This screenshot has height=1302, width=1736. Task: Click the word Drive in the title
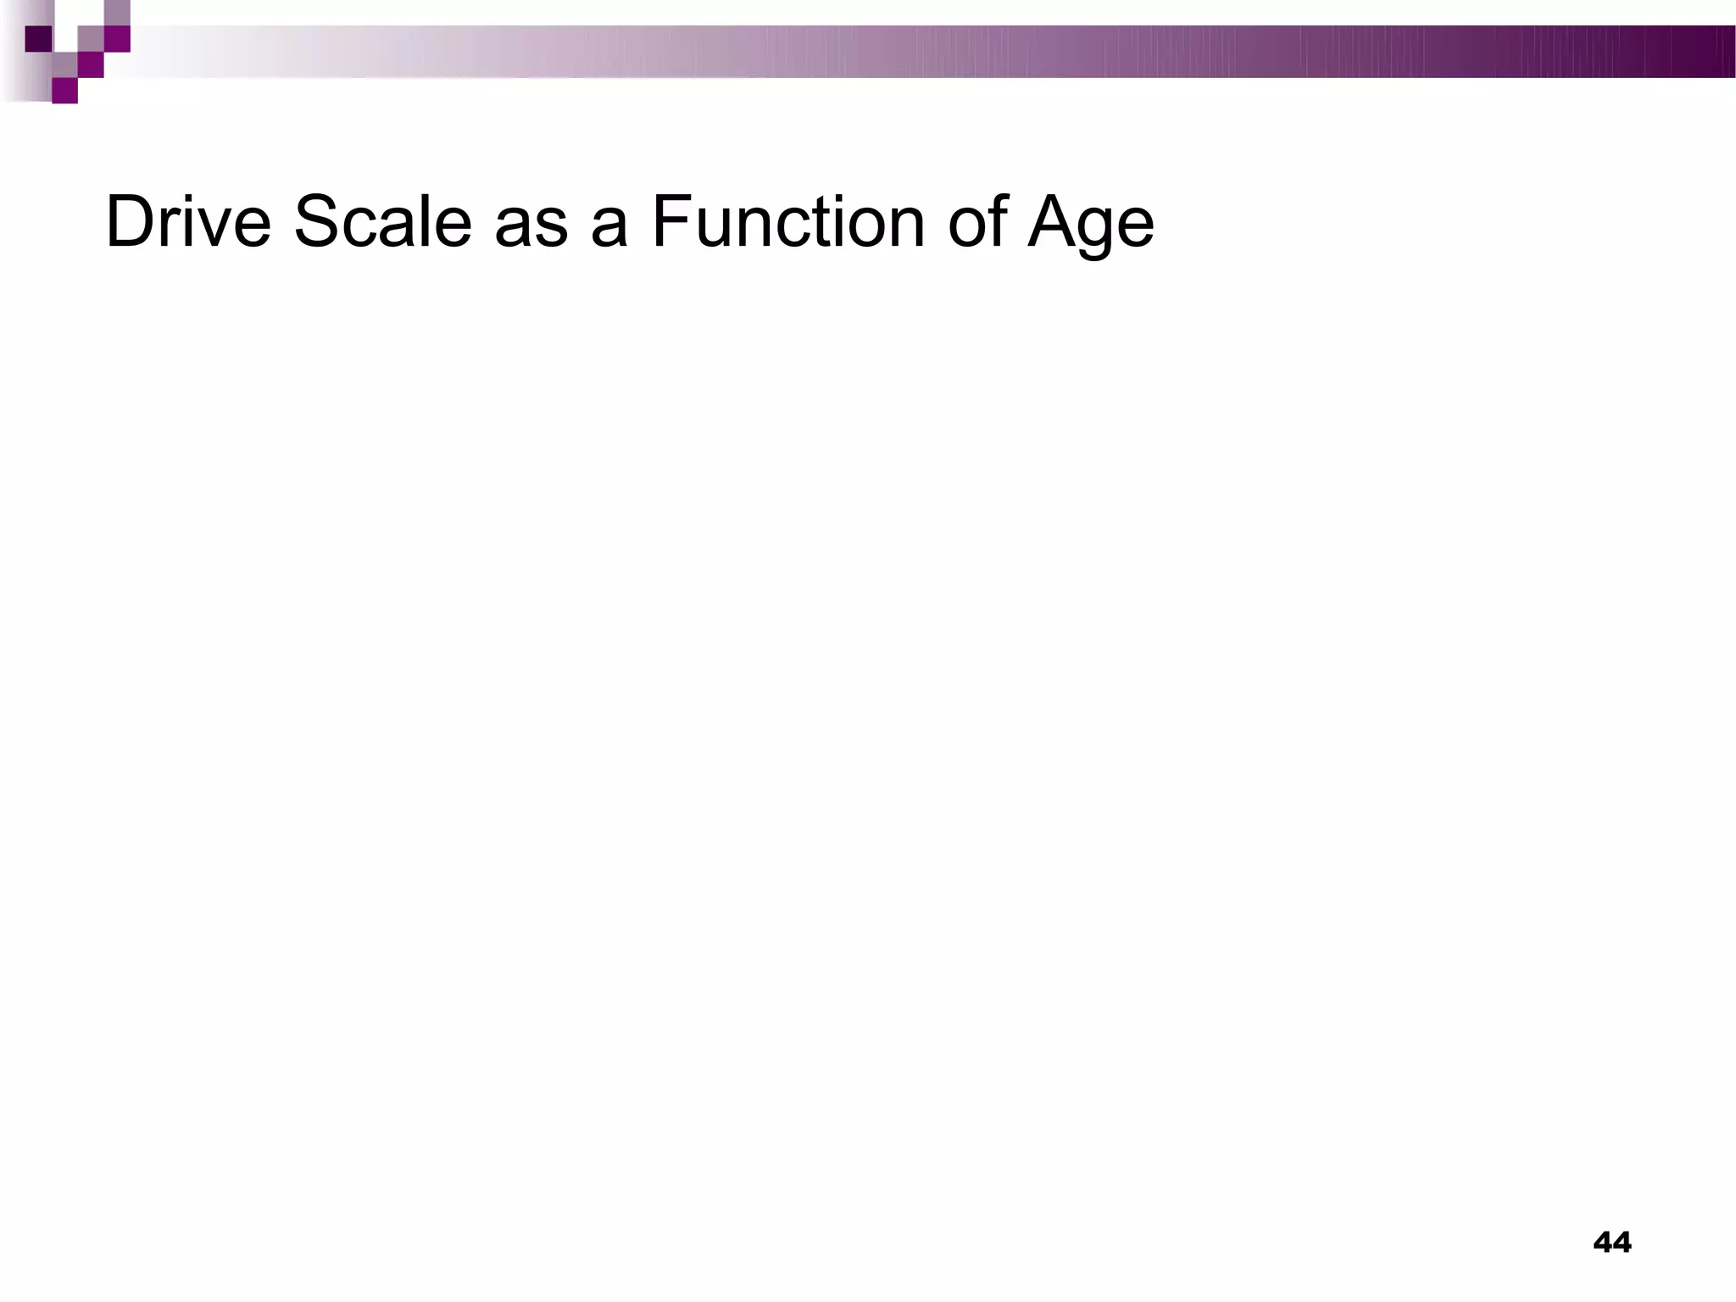click(187, 223)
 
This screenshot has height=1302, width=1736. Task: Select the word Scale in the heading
click(381, 223)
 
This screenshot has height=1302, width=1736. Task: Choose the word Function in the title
click(787, 223)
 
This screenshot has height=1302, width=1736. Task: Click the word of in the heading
click(976, 223)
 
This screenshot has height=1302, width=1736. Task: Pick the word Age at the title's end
click(1091, 225)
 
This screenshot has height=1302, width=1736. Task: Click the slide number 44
click(1611, 1243)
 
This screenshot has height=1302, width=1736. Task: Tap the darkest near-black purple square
click(38, 39)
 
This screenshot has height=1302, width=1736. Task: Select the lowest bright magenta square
click(64, 91)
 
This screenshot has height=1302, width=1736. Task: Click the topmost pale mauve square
click(117, 12)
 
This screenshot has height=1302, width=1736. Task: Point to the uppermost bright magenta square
click(117, 39)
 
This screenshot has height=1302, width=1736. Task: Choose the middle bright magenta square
click(91, 65)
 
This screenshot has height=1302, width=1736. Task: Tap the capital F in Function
click(669, 223)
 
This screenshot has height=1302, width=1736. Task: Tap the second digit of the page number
click(1622, 1243)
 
